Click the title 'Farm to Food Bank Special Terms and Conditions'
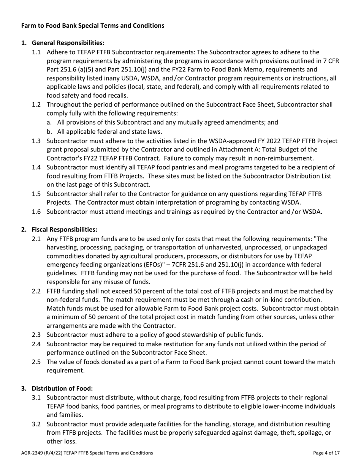click(93, 25)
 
